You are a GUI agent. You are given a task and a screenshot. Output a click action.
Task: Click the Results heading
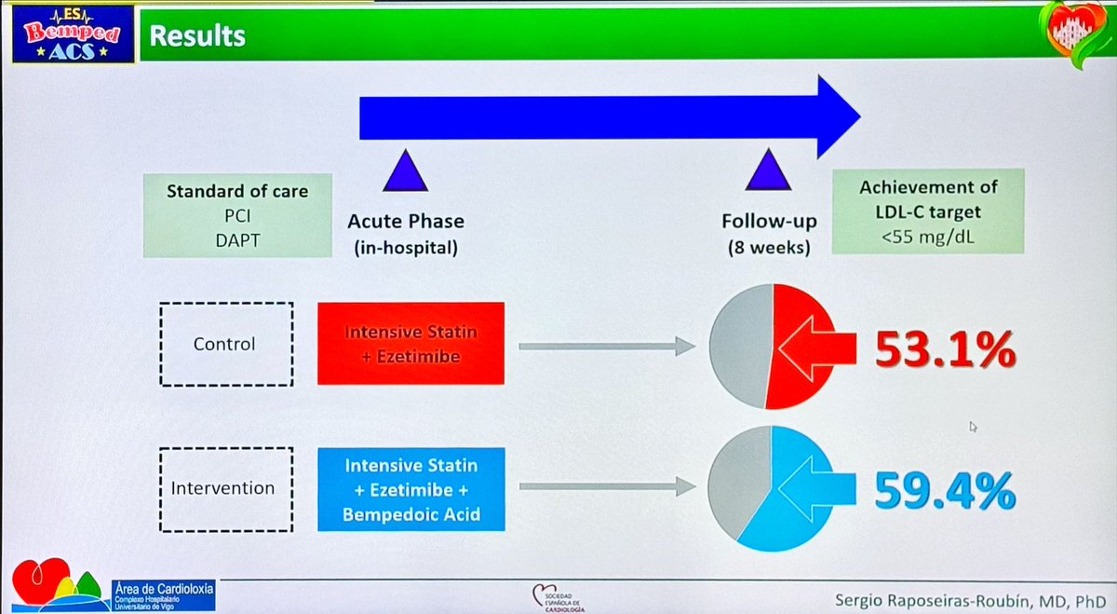pyautogui.click(x=197, y=35)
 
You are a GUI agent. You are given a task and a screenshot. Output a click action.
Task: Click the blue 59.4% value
pyautogui.click(x=944, y=490)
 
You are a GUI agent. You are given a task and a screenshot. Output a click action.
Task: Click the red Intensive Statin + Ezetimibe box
pyautogui.click(x=410, y=343)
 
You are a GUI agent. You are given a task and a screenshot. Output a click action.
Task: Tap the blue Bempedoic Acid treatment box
pyautogui.click(x=410, y=488)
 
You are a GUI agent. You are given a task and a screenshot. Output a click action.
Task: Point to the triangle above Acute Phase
pyautogui.click(x=405, y=174)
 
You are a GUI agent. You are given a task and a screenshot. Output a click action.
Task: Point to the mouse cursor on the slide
pyautogui.click(x=973, y=427)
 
